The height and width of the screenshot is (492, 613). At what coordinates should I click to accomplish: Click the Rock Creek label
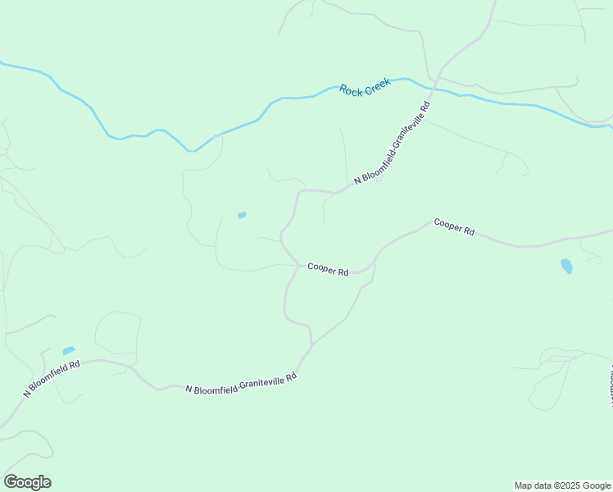(x=366, y=89)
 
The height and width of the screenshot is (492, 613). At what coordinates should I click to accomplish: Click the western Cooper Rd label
(x=328, y=269)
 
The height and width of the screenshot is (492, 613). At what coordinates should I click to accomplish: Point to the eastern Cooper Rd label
(x=454, y=226)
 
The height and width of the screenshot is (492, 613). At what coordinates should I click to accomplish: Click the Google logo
(x=27, y=482)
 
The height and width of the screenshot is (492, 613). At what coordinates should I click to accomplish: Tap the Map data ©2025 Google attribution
(x=562, y=485)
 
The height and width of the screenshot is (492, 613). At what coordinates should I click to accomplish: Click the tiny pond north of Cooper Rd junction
(x=242, y=215)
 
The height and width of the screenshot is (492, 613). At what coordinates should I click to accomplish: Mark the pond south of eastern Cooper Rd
(x=565, y=266)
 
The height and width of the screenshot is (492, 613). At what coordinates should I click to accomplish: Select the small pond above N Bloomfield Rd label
(x=69, y=350)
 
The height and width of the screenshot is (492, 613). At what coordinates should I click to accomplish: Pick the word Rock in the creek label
(x=351, y=92)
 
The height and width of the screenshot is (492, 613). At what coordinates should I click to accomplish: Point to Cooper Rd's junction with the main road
(x=297, y=265)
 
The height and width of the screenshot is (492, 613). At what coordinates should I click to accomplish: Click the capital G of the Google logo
(x=11, y=482)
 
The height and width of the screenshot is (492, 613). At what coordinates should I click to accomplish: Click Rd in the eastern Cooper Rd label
(x=469, y=231)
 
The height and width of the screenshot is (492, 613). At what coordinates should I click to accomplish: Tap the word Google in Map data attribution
(x=596, y=485)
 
